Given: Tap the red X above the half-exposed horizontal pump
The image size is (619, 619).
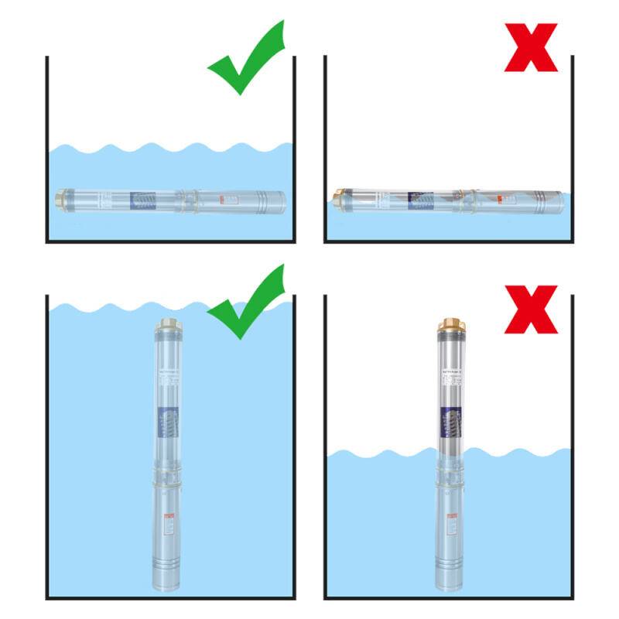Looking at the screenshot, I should (x=531, y=47).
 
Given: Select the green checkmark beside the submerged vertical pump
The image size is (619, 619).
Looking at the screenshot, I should (x=246, y=303).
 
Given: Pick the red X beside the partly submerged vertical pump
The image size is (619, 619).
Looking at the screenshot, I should (x=531, y=309).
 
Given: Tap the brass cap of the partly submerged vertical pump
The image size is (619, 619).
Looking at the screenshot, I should (x=448, y=324).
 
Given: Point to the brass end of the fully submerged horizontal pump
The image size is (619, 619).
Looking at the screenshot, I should (x=59, y=200).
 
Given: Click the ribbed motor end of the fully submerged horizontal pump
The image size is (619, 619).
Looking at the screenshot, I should (x=271, y=202).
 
